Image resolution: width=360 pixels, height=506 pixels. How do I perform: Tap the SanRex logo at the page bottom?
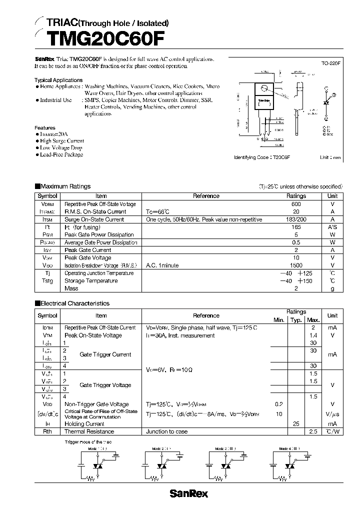[188, 494]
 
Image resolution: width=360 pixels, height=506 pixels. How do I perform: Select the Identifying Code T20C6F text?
[262, 157]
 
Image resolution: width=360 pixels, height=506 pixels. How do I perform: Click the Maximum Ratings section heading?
[65, 186]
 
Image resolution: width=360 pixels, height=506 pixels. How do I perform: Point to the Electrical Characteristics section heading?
[74, 303]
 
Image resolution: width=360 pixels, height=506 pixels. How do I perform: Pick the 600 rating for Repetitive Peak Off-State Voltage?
[296, 204]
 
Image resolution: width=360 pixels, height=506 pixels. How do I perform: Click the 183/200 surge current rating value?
[296, 219]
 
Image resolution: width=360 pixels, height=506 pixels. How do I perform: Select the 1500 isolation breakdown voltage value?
[296, 265]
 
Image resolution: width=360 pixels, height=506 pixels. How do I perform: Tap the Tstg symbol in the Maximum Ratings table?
[47, 281]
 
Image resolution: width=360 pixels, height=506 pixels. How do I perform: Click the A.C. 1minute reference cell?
[162, 265]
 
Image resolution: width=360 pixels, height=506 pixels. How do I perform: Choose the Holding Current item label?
[85, 423]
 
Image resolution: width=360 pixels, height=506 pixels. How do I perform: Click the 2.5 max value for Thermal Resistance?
[313, 431]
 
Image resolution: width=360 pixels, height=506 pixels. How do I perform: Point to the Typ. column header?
[296, 320]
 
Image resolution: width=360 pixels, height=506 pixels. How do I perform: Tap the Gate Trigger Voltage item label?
[105, 385]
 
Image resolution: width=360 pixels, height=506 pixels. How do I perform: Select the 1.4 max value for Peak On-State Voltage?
[313, 335]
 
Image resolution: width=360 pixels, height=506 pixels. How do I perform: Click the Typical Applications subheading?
[58, 80]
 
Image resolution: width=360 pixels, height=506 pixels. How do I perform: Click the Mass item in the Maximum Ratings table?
[71, 288]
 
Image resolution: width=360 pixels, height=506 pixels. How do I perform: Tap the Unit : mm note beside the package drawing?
[330, 157]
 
